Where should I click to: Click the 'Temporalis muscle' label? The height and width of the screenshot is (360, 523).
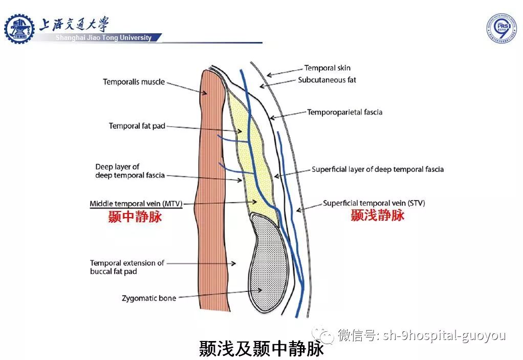[134, 82]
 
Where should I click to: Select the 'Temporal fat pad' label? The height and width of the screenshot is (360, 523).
[137, 126]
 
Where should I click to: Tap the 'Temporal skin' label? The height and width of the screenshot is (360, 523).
[327, 68]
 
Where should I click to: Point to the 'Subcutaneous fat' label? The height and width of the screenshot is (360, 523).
[327, 80]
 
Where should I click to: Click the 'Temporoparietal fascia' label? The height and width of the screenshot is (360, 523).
[344, 112]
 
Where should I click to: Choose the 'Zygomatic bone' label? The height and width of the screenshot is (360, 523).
[149, 298]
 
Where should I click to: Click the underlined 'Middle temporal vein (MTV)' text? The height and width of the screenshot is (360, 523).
[136, 203]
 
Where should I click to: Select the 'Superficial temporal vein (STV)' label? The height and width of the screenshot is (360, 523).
[374, 203]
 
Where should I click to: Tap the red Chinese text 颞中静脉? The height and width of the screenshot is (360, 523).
[135, 217]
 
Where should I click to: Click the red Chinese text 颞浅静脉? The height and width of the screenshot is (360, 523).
[377, 216]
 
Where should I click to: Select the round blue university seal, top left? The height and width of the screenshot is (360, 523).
[19, 28]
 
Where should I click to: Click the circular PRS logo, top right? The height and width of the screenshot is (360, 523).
[501, 28]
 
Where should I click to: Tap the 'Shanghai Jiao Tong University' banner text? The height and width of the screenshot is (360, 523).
[103, 37]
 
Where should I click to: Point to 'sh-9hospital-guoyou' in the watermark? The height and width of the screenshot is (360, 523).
[444, 336]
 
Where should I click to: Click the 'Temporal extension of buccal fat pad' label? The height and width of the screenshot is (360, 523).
[127, 267]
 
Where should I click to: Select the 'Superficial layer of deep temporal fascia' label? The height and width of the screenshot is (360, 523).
[378, 170]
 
